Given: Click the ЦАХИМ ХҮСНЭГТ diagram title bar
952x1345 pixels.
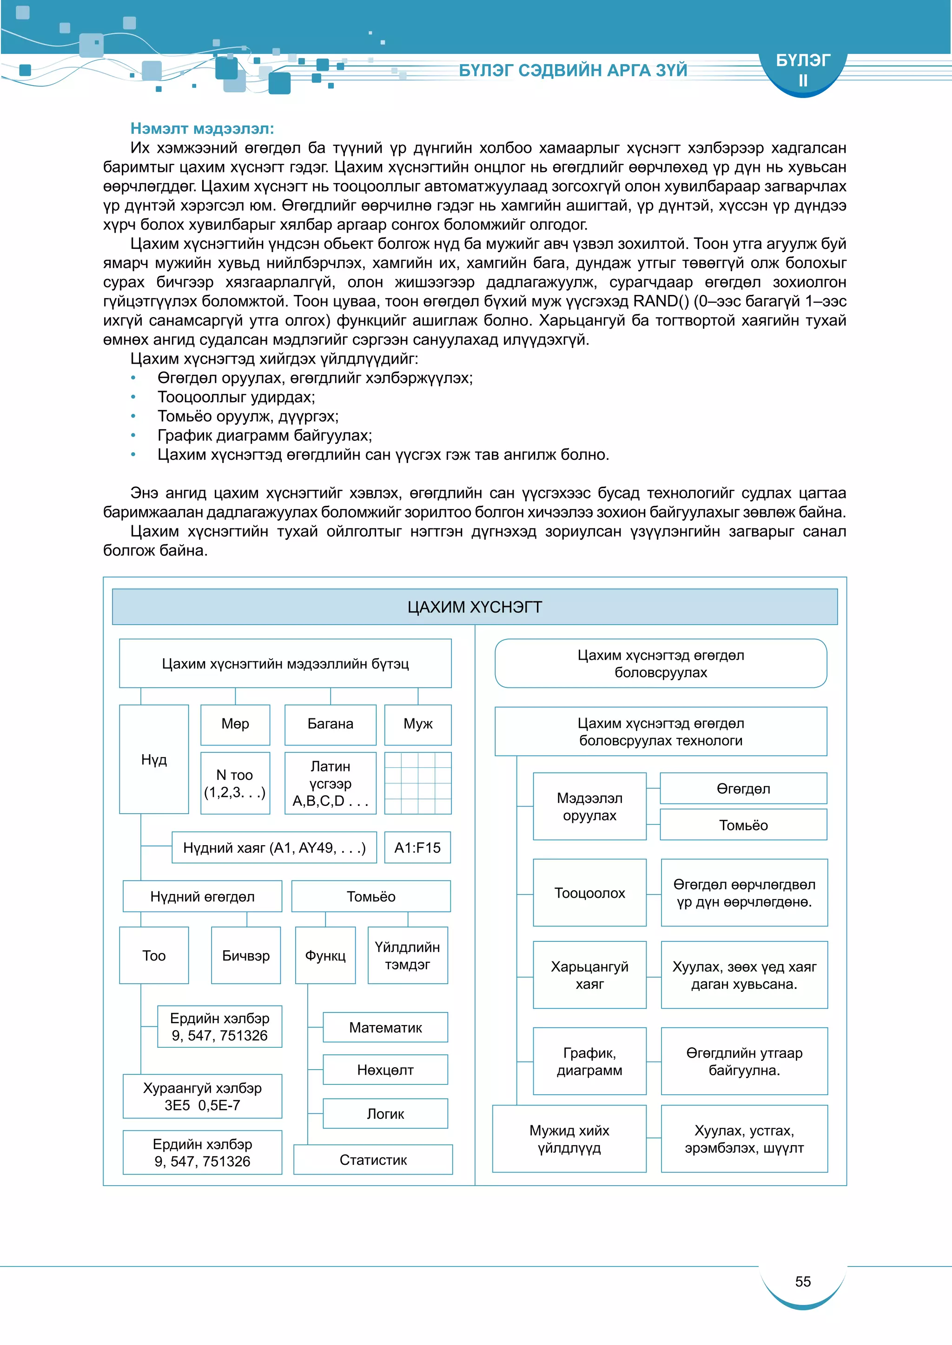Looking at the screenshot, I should pos(474,607).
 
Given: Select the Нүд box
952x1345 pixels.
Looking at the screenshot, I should pos(153,759).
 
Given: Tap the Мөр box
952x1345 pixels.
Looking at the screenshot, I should pos(235,724).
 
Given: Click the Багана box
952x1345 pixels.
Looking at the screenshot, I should pos(330,724).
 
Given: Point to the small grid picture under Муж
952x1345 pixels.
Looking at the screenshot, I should pos(417,783).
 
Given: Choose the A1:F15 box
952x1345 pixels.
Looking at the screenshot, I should pos(417,848).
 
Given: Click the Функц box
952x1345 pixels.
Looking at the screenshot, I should pos(325,955).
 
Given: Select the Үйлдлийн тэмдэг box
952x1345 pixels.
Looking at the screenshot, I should pos(407,955).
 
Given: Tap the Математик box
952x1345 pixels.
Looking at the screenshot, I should pos(385,1027).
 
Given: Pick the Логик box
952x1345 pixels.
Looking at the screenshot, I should pos(385,1114).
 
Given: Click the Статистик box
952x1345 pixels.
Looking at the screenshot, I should pos(373,1160).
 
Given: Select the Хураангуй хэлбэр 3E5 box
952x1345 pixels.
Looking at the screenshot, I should pos(202,1097).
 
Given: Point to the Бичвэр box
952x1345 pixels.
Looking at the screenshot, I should pos(245,955).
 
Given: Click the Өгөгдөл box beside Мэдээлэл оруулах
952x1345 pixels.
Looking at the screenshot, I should pos(743,789).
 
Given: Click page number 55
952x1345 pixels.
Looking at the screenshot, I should pos(802,1282).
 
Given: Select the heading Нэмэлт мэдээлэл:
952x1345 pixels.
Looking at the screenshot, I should pos(202,128).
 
